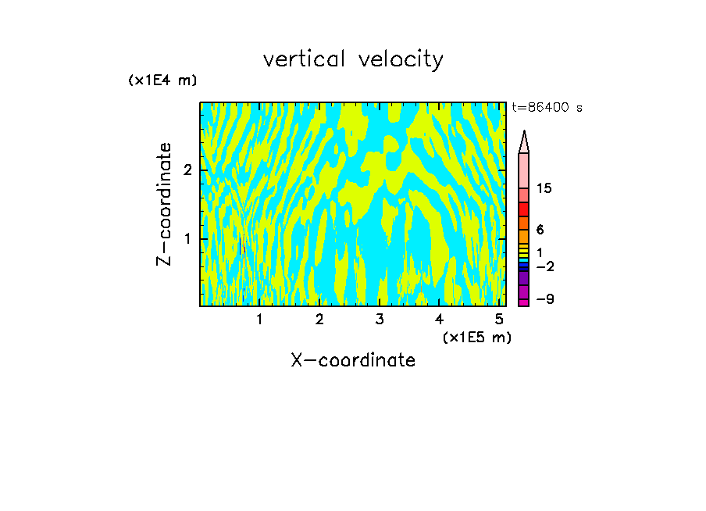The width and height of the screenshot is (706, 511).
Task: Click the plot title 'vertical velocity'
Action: [x=353, y=59]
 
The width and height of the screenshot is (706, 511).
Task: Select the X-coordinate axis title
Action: [x=353, y=360]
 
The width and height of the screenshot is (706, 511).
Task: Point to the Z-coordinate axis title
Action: [x=164, y=204]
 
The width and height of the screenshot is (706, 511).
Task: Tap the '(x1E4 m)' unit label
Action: [x=162, y=80]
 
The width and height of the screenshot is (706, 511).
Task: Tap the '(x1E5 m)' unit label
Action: [x=476, y=337]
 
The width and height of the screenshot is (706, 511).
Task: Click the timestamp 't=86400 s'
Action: [x=547, y=108]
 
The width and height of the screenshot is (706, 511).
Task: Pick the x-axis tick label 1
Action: [x=259, y=320]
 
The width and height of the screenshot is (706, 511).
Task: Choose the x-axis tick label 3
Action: [x=379, y=320]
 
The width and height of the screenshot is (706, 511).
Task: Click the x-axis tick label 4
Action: [x=439, y=320]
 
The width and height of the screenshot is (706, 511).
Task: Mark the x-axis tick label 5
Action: [x=499, y=320]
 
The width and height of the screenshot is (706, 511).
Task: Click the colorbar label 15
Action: [x=545, y=188]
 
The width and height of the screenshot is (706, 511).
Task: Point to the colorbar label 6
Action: [x=540, y=230]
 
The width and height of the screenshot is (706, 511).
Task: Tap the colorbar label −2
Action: [x=544, y=266]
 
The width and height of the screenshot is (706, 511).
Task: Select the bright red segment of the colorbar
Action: [x=524, y=209]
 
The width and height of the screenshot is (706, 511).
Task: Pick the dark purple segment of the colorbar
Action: [x=524, y=278]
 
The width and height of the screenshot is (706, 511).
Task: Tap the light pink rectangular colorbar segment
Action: [x=524, y=170]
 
